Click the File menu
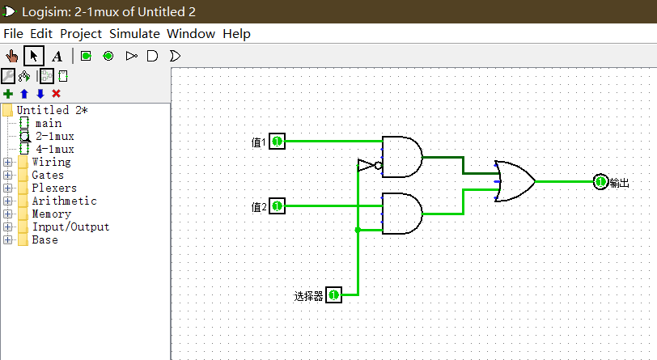[x=14, y=33]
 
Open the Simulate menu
[x=134, y=33]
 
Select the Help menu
[x=236, y=33]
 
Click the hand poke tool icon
[x=11, y=56]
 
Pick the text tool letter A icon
[x=57, y=56]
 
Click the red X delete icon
[x=56, y=94]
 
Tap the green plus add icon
[x=8, y=94]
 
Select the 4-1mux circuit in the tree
[x=54, y=149]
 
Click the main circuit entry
[x=49, y=123]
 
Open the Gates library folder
[x=48, y=176]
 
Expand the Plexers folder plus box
[x=7, y=188]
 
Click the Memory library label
[x=52, y=214]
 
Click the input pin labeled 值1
[x=277, y=142]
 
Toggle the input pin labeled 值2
[x=277, y=205]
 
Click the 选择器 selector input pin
[x=333, y=295]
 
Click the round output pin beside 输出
[x=600, y=182]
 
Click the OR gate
[x=515, y=181]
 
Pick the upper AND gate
[x=402, y=157]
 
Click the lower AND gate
[x=402, y=214]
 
